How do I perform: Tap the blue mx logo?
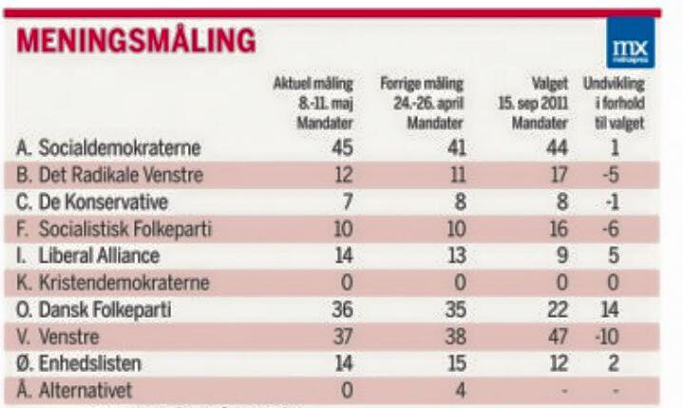click(631, 44)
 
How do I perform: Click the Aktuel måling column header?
click(313, 104)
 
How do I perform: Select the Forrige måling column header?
click(422, 104)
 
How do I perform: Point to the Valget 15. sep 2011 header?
click(541, 104)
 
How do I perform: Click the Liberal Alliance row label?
click(94, 256)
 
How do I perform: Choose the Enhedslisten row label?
click(89, 364)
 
